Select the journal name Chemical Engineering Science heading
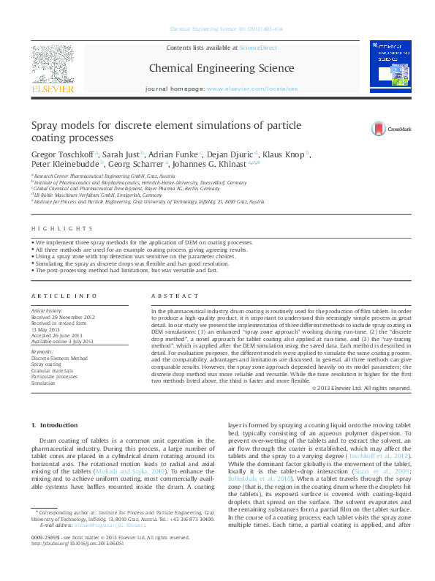tap(222, 69)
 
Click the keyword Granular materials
tap(53, 370)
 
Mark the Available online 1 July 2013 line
tap(62, 341)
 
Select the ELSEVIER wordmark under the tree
tap(52, 89)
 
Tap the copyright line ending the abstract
tap(361, 387)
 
